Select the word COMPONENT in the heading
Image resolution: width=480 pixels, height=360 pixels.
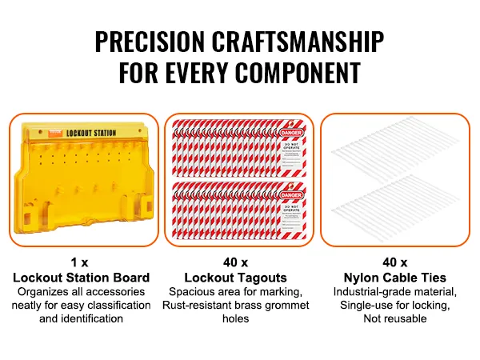click(x=298, y=74)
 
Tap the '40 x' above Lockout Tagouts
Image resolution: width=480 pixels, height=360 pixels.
click(x=239, y=262)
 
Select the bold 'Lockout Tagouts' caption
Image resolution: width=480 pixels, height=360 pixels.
click(x=239, y=277)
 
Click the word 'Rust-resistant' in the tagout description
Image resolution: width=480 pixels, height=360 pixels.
click(x=201, y=305)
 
